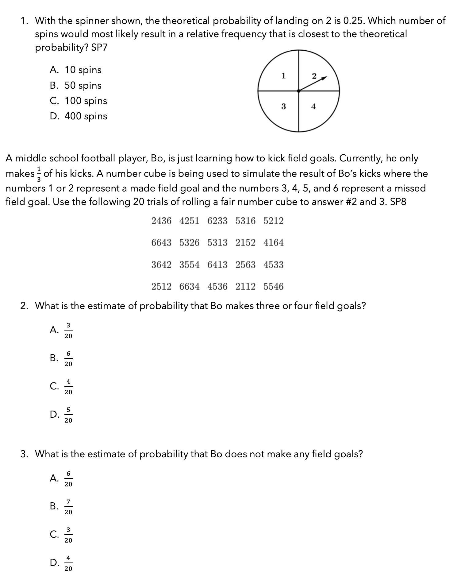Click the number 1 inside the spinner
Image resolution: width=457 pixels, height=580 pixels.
(x=283, y=75)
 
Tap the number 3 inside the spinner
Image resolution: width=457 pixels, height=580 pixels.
(x=283, y=106)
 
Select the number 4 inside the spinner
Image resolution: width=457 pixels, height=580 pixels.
(x=313, y=106)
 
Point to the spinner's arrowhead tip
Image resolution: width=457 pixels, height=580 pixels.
(x=327, y=77)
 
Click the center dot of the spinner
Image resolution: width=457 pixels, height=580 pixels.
(x=299, y=91)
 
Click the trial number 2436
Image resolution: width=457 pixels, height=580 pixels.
(x=161, y=221)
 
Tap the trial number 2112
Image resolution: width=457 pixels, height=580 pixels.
(x=245, y=286)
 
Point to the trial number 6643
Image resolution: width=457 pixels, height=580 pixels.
(x=161, y=243)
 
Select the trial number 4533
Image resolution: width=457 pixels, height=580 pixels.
(x=273, y=265)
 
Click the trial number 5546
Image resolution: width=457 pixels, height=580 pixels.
(x=273, y=286)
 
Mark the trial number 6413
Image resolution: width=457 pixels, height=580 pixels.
(x=217, y=265)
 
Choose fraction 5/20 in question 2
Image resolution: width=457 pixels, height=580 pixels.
(x=68, y=415)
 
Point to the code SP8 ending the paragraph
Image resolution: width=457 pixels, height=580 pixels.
(x=398, y=202)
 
